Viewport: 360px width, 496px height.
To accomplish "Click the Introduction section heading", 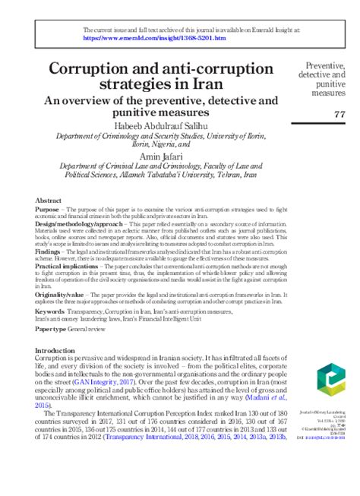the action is pos(61,351).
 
